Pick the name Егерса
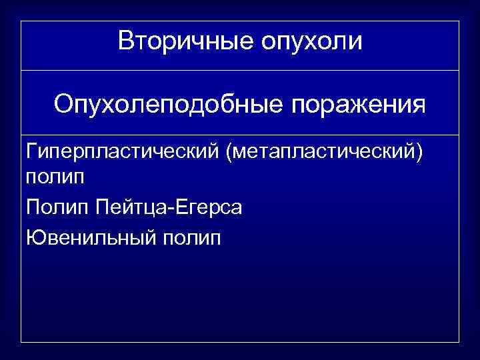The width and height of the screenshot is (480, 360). [211, 208]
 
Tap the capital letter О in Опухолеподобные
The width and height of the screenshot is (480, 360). [63, 104]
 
